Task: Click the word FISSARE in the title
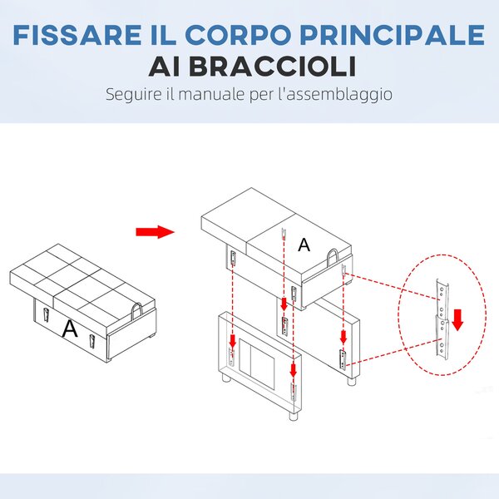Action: click(x=77, y=35)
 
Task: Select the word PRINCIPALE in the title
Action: click(x=392, y=35)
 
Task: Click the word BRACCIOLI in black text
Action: click(x=273, y=67)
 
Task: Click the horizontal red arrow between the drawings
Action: click(x=155, y=232)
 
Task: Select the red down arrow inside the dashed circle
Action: click(x=457, y=319)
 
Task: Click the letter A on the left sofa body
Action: click(x=70, y=329)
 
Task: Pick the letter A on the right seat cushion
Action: click(x=304, y=245)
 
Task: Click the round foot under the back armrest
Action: click(x=351, y=382)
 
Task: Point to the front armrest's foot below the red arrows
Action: click(x=294, y=417)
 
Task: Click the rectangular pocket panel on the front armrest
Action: click(x=256, y=364)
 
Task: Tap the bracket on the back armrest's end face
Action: click(x=343, y=360)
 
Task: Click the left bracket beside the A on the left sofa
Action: click(x=46, y=315)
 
